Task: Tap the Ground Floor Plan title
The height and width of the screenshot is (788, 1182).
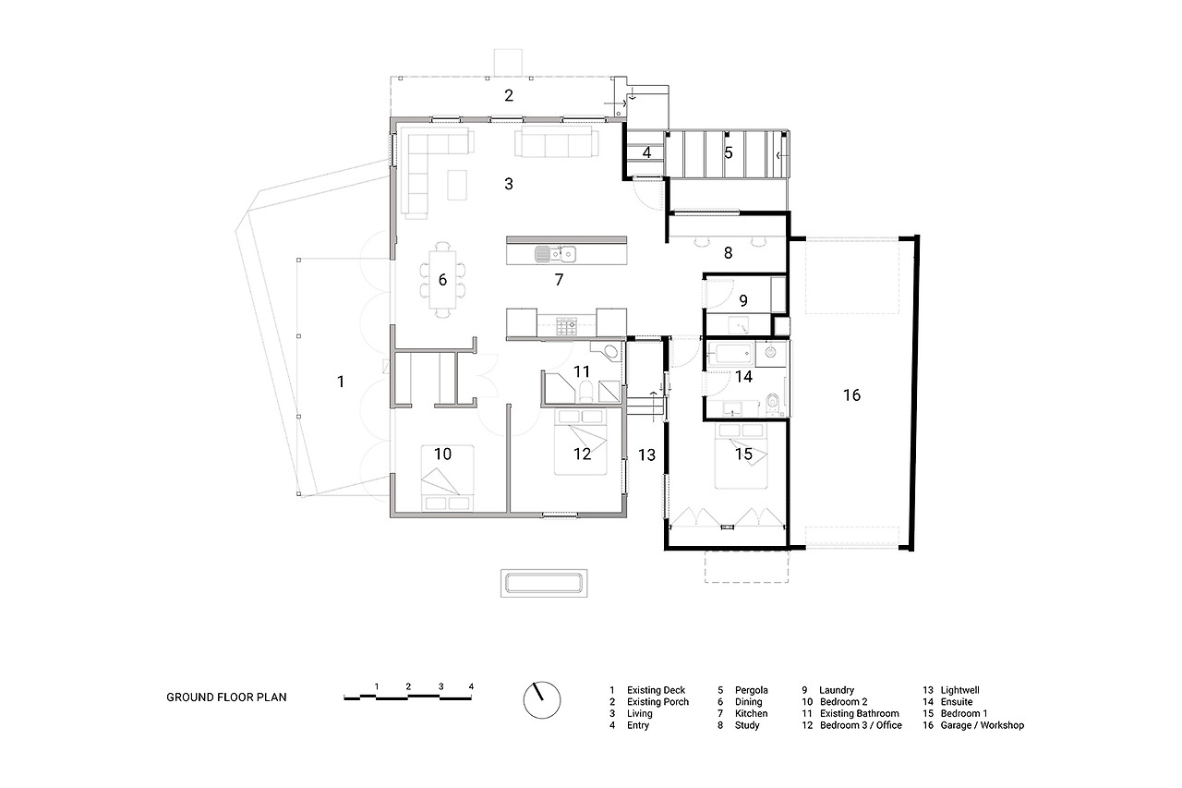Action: (226, 697)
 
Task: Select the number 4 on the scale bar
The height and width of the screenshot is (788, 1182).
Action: (471, 686)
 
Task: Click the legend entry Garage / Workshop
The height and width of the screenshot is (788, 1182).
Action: (982, 725)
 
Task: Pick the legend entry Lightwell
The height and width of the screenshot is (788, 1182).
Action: (959, 690)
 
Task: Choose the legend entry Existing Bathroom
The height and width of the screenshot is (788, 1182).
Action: (859, 713)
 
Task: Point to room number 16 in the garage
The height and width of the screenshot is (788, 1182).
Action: (851, 394)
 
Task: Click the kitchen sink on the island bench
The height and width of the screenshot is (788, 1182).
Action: (555, 254)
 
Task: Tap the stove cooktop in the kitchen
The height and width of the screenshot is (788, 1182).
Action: (566, 326)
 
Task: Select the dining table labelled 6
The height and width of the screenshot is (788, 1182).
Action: (442, 280)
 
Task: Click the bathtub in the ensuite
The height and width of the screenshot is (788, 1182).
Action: (730, 353)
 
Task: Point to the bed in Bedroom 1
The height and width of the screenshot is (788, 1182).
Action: (741, 455)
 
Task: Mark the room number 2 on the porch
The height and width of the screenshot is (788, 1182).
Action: (509, 95)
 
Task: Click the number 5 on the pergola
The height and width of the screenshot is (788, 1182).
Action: (729, 153)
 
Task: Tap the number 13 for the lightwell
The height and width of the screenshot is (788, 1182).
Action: (646, 455)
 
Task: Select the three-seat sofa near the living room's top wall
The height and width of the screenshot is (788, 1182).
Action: (557, 141)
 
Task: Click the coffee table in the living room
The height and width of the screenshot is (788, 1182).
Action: (457, 185)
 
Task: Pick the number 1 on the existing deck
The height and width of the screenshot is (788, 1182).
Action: (341, 382)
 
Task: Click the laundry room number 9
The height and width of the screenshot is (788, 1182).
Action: (743, 301)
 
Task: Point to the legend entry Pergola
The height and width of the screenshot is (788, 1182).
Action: (752, 690)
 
